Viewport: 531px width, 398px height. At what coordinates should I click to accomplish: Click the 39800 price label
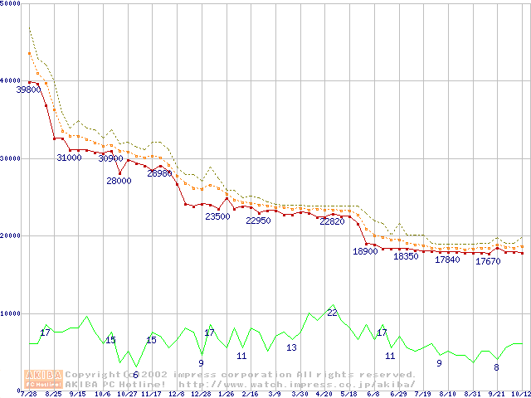point(28,90)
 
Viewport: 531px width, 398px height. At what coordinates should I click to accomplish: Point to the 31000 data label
point(69,158)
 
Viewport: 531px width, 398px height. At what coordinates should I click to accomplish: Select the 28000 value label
point(119,181)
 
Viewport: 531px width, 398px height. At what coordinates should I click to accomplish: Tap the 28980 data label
point(158,173)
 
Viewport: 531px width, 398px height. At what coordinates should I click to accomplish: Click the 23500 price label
point(217,216)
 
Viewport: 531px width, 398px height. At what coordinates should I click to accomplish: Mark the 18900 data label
point(365,251)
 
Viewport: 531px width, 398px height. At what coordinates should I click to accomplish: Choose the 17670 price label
point(488,261)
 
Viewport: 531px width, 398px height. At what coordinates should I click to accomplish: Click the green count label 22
point(332,313)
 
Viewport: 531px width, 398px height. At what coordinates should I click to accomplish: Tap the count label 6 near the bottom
point(135,374)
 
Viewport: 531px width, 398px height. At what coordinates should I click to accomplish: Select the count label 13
point(291,347)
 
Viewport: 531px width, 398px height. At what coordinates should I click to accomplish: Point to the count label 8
point(496,367)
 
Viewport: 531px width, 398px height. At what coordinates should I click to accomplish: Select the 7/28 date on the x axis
point(28,394)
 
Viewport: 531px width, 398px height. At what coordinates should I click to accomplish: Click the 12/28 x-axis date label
point(201,394)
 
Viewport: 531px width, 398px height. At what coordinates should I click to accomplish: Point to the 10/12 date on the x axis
point(521,394)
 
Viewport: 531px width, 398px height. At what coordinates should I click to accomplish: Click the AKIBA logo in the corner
point(43,378)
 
